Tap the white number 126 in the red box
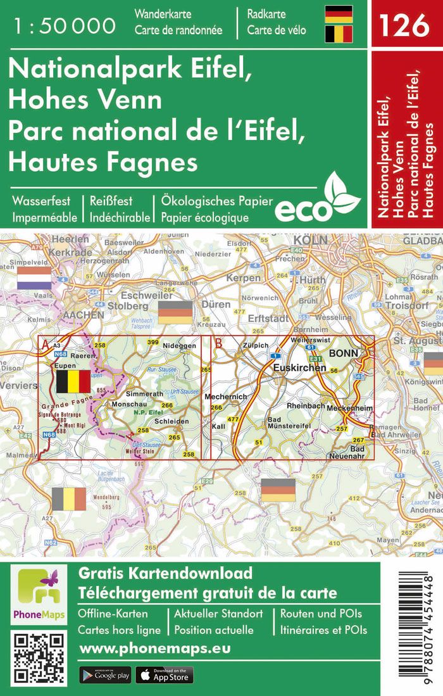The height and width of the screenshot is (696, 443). coord(404,25)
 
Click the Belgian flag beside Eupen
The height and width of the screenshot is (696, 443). coord(73,382)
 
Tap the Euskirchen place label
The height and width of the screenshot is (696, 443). coord(299,367)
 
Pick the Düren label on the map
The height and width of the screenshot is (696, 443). coord(216,305)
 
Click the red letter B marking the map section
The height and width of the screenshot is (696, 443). coord(219,344)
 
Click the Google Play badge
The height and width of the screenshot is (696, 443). coord(105,675)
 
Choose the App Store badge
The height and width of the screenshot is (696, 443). coord(164,675)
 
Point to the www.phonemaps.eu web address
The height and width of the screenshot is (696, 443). coord(154,649)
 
